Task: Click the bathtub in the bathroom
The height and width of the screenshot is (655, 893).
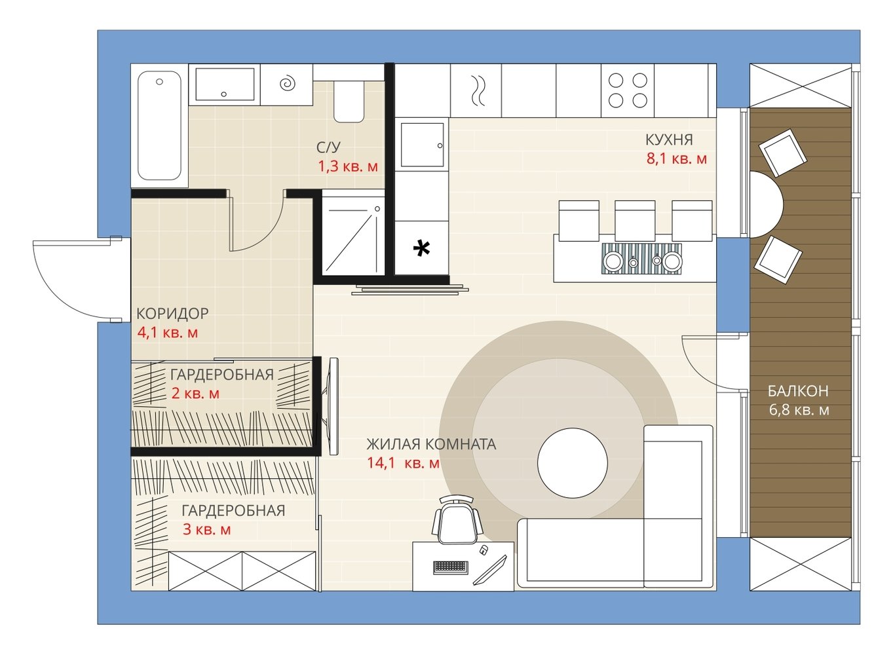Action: pos(159,126)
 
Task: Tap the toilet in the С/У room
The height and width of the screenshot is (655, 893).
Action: pos(349,102)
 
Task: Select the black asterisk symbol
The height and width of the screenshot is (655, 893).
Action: pos(421,249)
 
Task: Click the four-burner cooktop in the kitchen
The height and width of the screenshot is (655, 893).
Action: pos(628,90)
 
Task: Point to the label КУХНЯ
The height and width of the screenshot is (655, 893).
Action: pos(669,140)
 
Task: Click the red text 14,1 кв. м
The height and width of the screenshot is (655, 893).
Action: pos(403,463)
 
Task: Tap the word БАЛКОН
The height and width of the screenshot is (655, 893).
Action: pos(798,391)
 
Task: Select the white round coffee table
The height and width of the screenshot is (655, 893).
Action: pos(573,463)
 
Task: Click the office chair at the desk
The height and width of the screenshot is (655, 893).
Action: pos(457,519)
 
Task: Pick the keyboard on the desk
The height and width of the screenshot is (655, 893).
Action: pos(450,567)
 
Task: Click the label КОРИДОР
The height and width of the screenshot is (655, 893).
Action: pos(172,314)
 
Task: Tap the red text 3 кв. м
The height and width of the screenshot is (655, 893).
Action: pos(206,529)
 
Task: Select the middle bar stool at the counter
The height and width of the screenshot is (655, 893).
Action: pos(635,221)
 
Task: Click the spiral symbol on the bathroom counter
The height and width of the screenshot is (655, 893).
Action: pos(288,83)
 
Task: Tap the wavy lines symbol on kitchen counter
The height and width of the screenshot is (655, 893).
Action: pos(478,90)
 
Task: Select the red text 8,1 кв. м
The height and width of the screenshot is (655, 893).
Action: pos(676,159)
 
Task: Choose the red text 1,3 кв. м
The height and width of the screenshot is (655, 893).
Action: pos(348,166)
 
